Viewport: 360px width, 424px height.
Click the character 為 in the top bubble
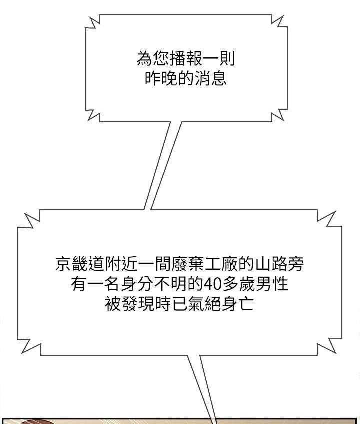[144, 58]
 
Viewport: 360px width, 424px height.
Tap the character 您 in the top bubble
[161, 58]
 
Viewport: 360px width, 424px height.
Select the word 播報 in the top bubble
[186, 58]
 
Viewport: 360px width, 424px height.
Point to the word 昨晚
[161, 78]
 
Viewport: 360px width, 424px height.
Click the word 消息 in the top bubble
[210, 78]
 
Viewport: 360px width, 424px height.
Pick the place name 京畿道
[80, 264]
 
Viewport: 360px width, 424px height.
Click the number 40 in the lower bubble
[212, 284]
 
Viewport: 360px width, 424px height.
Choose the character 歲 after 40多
[246, 284]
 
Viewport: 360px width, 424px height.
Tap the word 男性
[271, 284]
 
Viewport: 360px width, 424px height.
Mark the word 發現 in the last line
[138, 304]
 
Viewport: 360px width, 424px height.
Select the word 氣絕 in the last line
[204, 304]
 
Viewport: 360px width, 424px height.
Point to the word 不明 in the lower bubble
[171, 284]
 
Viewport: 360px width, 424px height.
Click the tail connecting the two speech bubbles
[162, 166]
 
